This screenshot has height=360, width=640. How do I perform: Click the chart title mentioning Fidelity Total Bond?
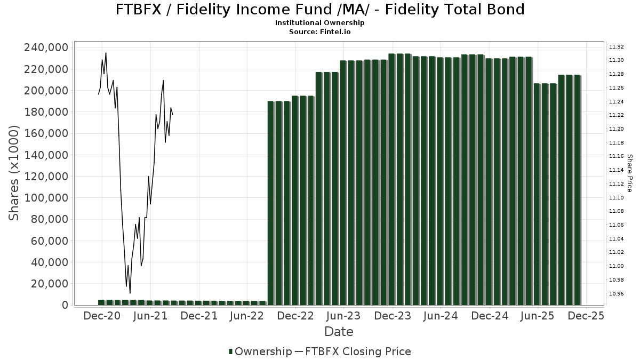pyautogui.click(x=320, y=9)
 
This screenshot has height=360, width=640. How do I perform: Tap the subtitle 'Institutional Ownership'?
pyautogui.click(x=320, y=23)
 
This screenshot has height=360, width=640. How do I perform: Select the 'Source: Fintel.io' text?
pyautogui.click(x=320, y=32)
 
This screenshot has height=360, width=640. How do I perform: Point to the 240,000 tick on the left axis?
pyautogui.click(x=46, y=47)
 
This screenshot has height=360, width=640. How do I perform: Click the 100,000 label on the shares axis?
pyautogui.click(x=46, y=198)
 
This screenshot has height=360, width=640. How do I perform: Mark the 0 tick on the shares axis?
pyautogui.click(x=65, y=305)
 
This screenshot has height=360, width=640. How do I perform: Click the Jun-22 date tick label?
pyautogui.click(x=247, y=316)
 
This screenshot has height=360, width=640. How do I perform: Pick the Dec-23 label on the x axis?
pyautogui.click(x=393, y=316)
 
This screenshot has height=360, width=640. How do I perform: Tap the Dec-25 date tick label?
pyautogui.click(x=586, y=316)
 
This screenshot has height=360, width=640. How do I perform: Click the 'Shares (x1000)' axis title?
pyautogui.click(x=14, y=173)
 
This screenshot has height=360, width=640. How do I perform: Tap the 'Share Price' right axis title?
pyautogui.click(x=629, y=173)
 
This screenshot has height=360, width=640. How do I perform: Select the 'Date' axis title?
pyautogui.click(x=339, y=332)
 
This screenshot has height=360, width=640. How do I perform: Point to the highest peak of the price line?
pyautogui.click(x=106, y=53)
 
